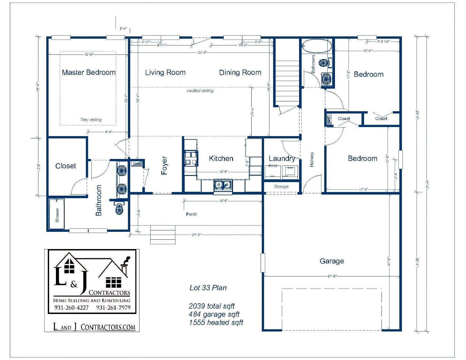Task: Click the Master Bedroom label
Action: [x=89, y=72]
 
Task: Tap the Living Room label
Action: [x=165, y=73]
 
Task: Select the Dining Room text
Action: [x=240, y=73]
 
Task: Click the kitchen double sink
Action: [x=223, y=185]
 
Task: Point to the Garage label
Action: [x=332, y=261]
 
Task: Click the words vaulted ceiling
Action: [x=200, y=91]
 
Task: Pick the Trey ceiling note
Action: [x=91, y=120]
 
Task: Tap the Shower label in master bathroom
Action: [x=57, y=215]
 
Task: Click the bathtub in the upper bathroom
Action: [x=317, y=46]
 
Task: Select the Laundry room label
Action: [x=282, y=158]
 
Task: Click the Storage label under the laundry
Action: [x=281, y=187]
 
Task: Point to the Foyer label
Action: [x=164, y=165]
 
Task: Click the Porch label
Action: [x=191, y=214]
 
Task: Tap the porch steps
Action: [x=163, y=234]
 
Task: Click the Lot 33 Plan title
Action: [x=208, y=288]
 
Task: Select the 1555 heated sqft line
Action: [x=216, y=322]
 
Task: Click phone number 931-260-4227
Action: [x=71, y=308]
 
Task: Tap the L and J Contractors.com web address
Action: [x=94, y=327]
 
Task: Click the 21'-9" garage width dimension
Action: [x=332, y=276]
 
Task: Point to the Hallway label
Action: [x=312, y=159]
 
